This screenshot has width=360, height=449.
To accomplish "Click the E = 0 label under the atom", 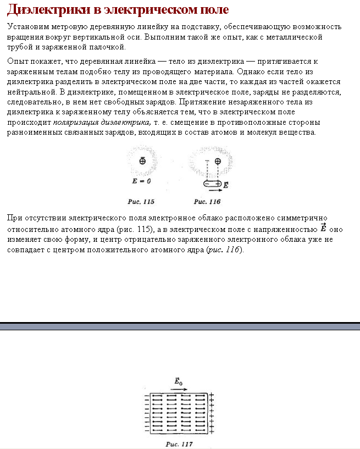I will click(x=141, y=181).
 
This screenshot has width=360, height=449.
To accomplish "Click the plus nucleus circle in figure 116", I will click(x=218, y=162).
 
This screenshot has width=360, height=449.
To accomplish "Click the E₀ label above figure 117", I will click(x=178, y=380).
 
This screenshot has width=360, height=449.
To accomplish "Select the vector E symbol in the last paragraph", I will click(x=324, y=228).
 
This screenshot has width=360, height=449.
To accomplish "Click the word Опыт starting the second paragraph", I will click(x=16, y=61).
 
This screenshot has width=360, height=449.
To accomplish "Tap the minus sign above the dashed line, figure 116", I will click(x=207, y=162).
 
